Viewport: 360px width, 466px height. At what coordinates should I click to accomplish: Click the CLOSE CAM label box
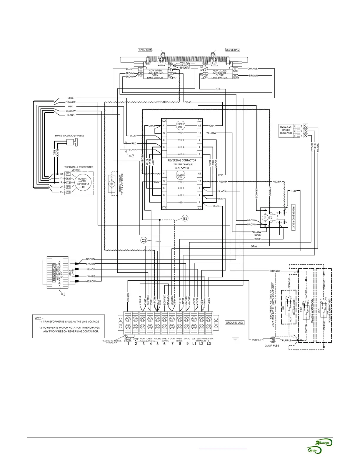(x=232, y=50)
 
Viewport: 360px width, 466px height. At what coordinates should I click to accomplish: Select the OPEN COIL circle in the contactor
(x=181, y=126)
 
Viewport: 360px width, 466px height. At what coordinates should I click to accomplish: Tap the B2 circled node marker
(x=185, y=219)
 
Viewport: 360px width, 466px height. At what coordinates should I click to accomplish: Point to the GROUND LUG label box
(x=234, y=323)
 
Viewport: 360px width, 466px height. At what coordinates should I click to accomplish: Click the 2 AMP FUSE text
(x=272, y=345)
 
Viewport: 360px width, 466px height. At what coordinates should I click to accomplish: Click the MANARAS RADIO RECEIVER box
(x=286, y=130)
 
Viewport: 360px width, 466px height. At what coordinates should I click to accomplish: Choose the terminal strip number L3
(x=209, y=343)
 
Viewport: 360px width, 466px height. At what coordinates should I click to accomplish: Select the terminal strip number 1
(x=128, y=343)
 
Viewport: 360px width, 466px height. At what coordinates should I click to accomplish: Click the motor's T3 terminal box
(x=69, y=192)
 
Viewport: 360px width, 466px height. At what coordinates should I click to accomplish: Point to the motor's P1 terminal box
(x=69, y=178)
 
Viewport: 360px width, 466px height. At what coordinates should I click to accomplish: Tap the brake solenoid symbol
(x=71, y=142)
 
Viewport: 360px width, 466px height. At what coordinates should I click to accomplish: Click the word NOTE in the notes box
(x=38, y=318)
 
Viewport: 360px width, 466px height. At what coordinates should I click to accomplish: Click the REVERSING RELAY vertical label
(x=293, y=217)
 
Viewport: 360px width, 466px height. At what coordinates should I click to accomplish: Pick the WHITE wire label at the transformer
(x=91, y=277)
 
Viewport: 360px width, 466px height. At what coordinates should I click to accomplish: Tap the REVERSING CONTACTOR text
(x=182, y=161)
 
